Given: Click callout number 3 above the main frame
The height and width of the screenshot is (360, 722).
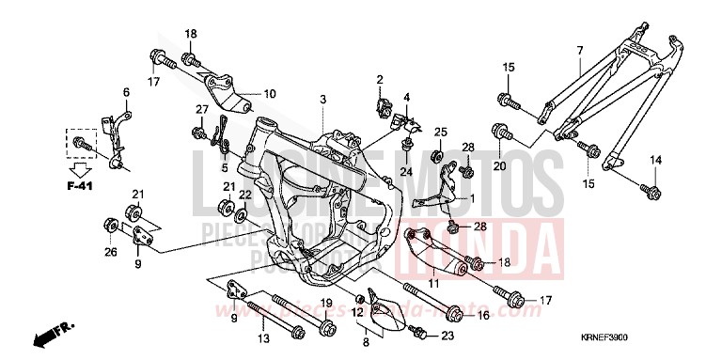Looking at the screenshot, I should [322, 100].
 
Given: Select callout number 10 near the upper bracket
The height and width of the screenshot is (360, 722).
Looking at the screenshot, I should [270, 94].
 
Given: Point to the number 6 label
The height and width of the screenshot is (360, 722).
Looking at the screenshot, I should [125, 91].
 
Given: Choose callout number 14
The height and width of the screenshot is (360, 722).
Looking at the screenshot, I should [655, 160].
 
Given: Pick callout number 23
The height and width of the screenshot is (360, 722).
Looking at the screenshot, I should [447, 337].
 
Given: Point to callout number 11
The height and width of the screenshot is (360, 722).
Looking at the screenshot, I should [434, 283].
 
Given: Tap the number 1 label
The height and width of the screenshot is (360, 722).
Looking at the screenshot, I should [473, 198].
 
